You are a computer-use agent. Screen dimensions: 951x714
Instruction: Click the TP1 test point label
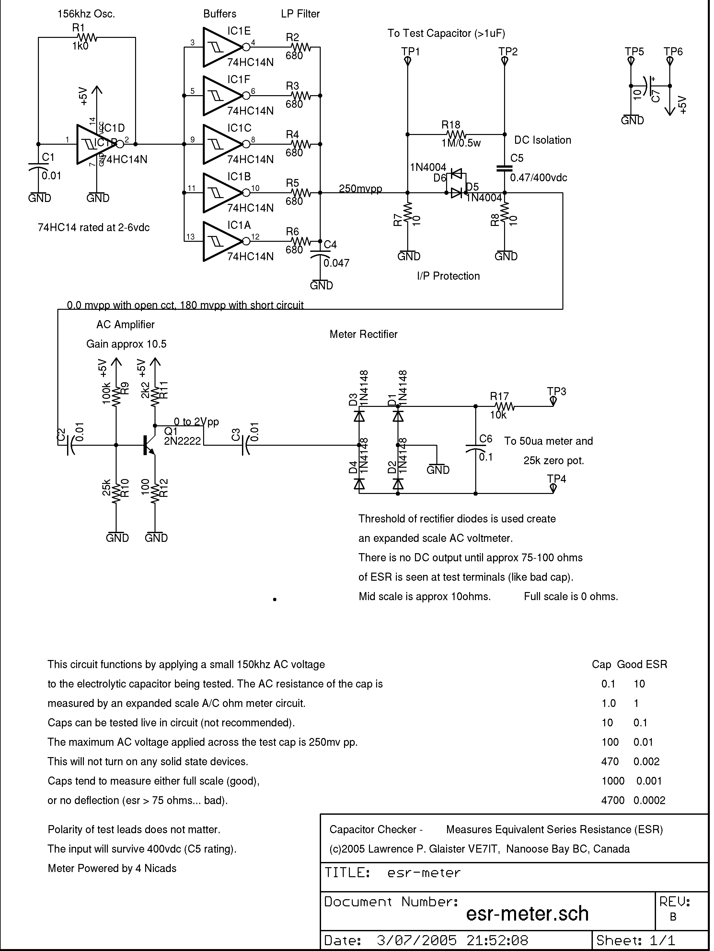click(x=410, y=51)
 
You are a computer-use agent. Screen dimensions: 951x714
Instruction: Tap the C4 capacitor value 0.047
click(x=336, y=263)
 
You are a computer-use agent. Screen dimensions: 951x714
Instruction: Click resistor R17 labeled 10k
click(x=503, y=406)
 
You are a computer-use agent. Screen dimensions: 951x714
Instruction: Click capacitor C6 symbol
click(x=475, y=449)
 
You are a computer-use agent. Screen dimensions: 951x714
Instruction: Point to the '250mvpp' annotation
click(x=360, y=189)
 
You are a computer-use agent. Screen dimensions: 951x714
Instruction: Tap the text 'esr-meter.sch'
click(x=527, y=913)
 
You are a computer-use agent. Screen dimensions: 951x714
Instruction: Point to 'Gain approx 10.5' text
click(x=126, y=344)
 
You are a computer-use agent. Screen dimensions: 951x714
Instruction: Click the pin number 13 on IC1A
click(x=190, y=237)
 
